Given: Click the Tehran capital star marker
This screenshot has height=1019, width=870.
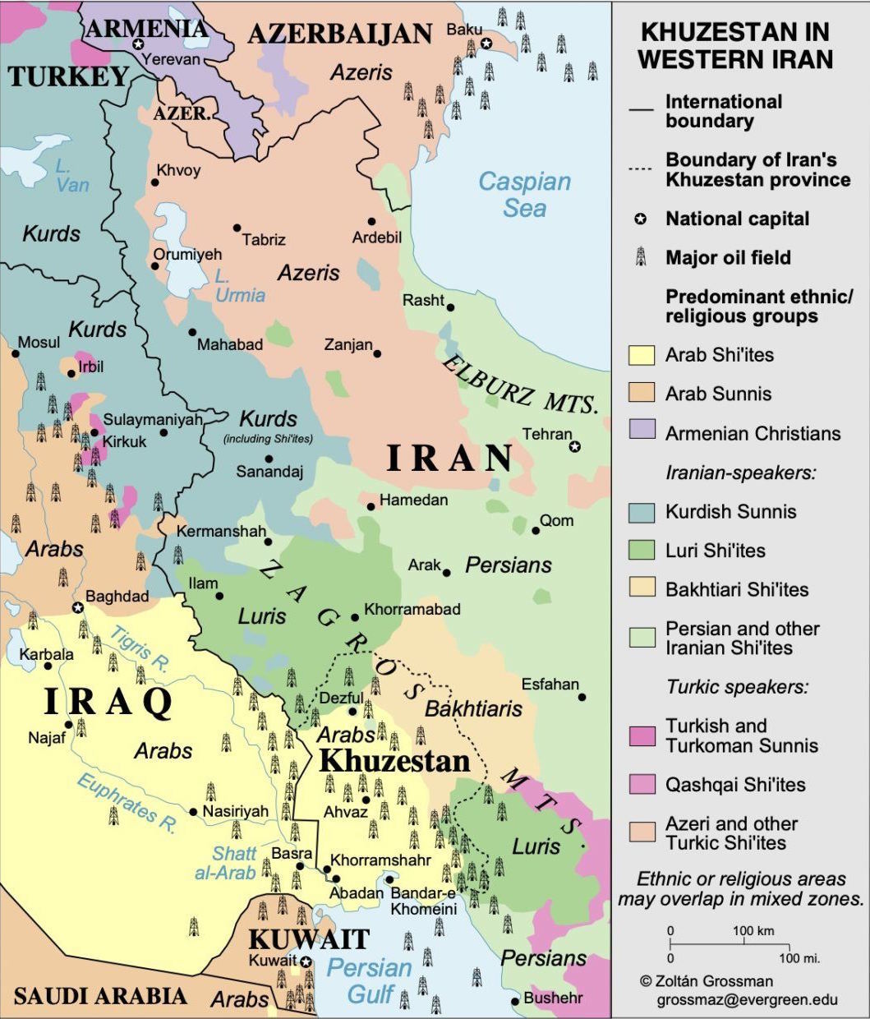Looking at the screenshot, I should (575, 446).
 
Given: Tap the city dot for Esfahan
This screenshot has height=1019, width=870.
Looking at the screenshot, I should (582, 697).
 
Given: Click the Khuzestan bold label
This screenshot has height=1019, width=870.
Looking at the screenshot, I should (394, 760).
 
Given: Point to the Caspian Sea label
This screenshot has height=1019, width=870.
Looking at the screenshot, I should (524, 195).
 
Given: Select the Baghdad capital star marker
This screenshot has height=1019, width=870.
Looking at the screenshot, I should (77, 607).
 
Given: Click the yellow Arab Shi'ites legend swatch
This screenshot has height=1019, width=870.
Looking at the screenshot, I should (641, 355).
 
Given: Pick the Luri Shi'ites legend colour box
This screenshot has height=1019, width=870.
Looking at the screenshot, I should (641, 551).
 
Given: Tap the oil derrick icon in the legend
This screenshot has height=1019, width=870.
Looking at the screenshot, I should (641, 258).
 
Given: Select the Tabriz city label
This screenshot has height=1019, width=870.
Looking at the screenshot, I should (264, 240).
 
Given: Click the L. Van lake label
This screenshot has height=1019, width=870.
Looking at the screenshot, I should (70, 175).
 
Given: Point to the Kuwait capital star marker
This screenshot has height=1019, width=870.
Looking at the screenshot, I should (306, 961).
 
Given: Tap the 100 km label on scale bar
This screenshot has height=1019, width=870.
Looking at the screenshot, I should (753, 931).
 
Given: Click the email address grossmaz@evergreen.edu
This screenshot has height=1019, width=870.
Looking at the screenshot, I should (747, 1000).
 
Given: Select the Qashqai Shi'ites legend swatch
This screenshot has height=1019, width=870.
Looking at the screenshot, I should (641, 784).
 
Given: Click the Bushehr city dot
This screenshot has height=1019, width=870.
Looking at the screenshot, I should (515, 1000).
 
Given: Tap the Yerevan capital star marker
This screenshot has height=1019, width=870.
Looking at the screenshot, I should (139, 44).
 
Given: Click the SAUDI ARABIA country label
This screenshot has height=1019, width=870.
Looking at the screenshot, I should (100, 996).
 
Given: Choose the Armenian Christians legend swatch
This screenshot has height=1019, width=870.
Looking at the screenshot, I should (641, 433).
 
